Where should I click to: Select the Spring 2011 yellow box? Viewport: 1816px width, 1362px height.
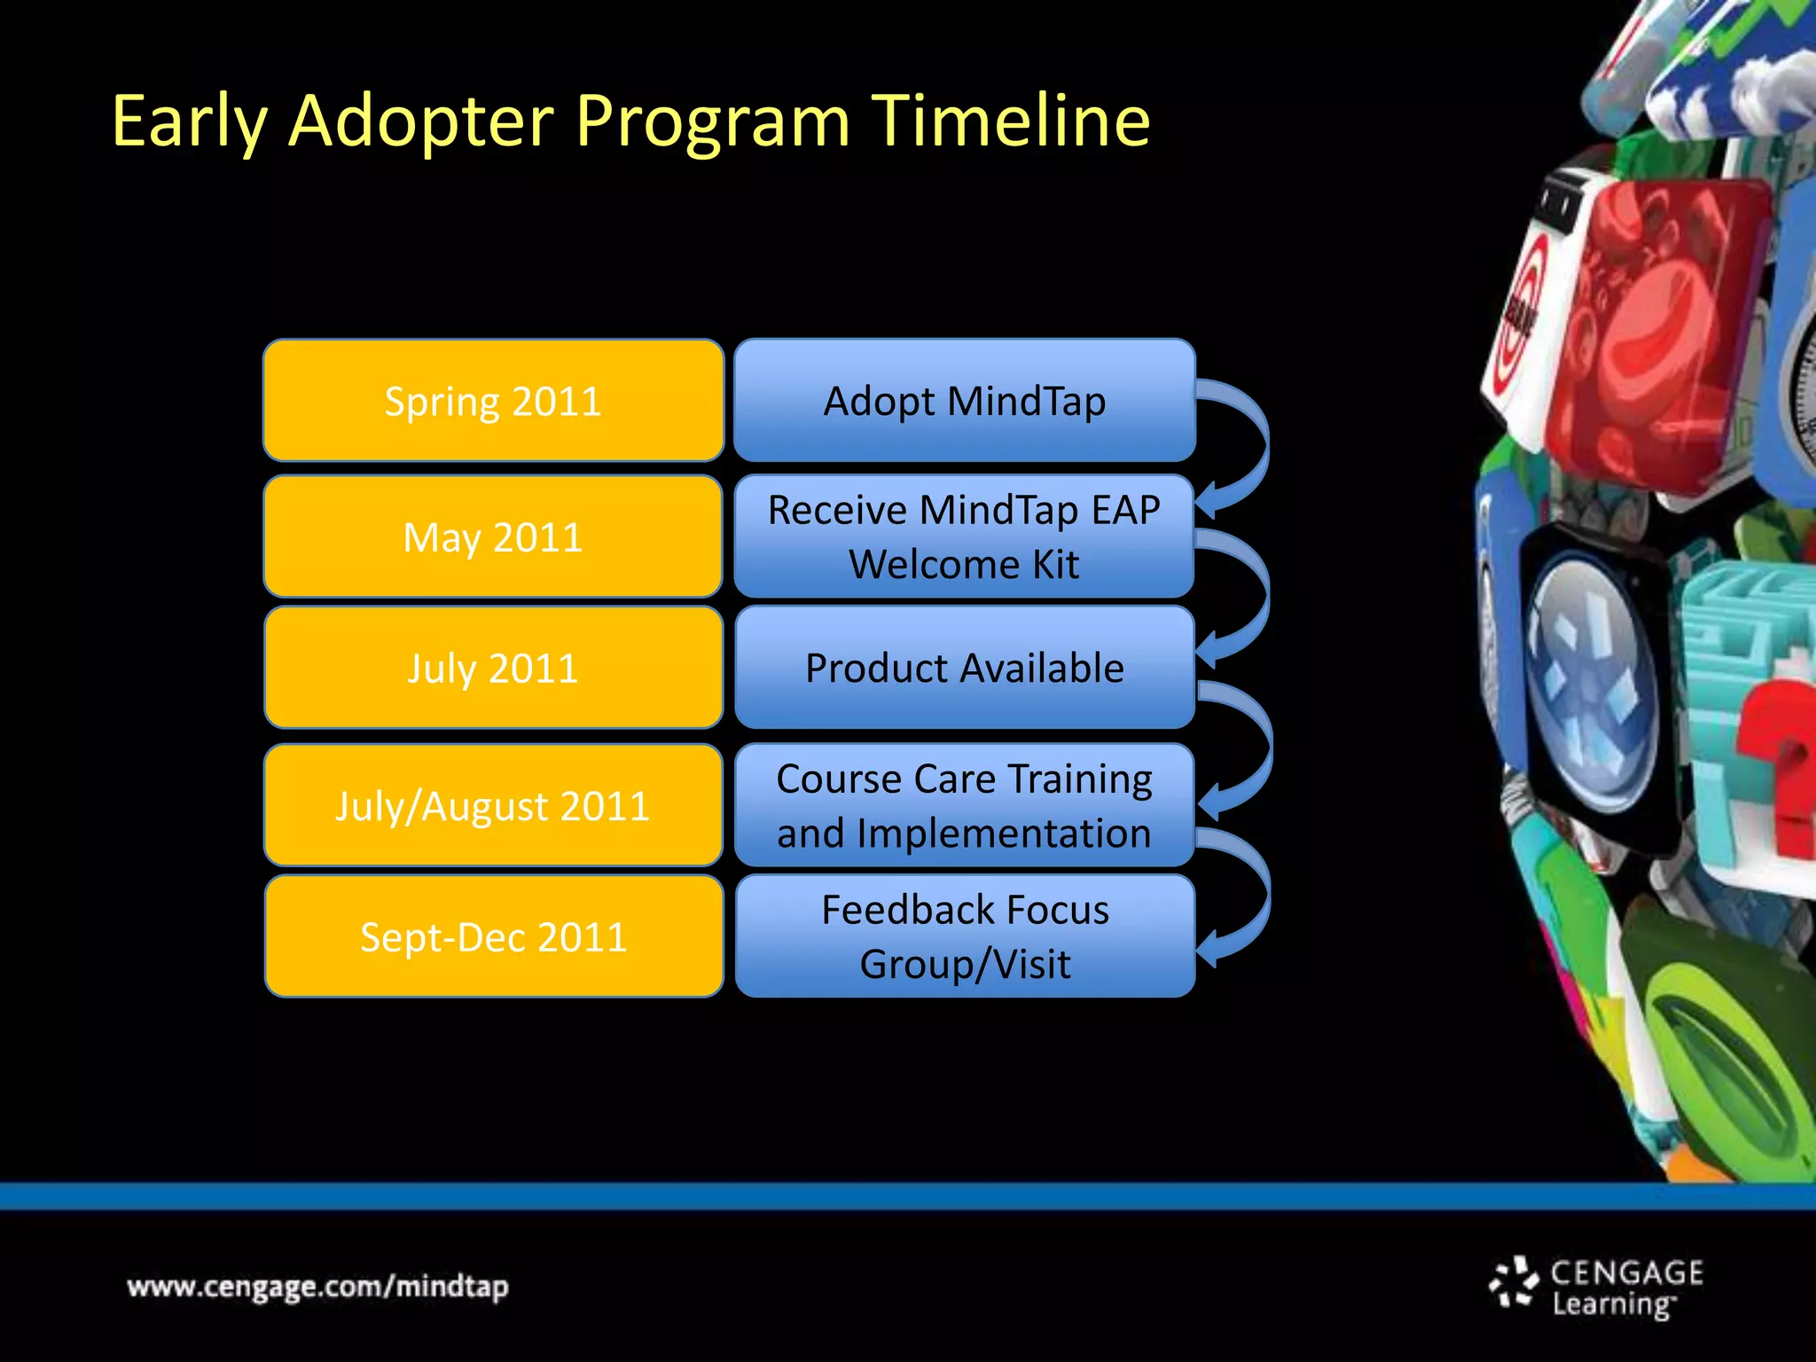(x=493, y=401)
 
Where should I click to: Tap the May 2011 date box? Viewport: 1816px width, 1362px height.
(x=493, y=536)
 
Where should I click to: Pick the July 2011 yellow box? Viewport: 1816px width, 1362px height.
(x=493, y=668)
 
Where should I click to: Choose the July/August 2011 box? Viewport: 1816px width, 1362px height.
(x=493, y=805)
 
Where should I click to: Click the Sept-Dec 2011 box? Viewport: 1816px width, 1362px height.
(x=493, y=936)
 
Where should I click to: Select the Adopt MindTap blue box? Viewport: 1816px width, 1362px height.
(x=965, y=401)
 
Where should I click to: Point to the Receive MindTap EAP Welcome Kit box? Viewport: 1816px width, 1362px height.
(x=965, y=536)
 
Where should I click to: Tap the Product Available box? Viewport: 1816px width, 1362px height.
(x=965, y=668)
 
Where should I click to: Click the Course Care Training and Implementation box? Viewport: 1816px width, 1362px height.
(x=965, y=805)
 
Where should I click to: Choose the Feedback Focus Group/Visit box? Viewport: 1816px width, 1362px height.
(x=965, y=936)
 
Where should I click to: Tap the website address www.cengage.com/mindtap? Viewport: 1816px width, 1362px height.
(x=317, y=1287)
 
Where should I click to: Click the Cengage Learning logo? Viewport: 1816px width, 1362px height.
(x=1596, y=1287)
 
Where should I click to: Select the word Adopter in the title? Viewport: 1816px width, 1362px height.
(x=420, y=121)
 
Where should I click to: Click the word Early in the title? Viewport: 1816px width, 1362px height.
(x=189, y=121)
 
